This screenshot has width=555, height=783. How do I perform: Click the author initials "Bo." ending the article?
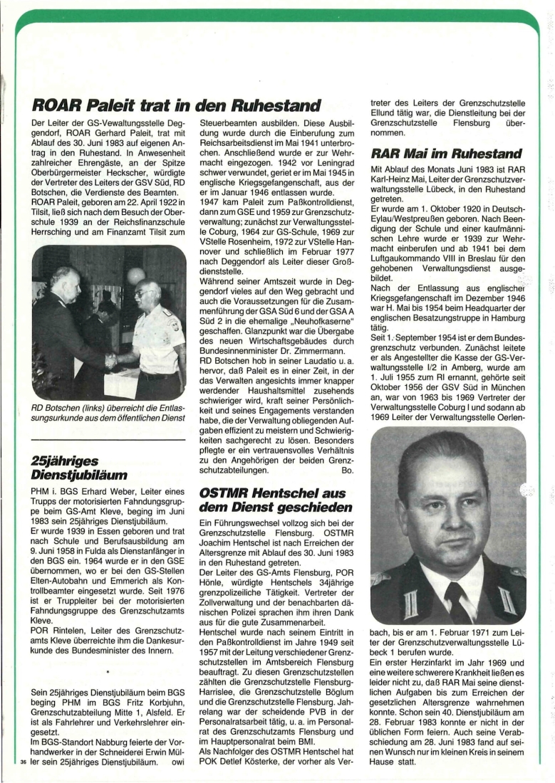coord(348,471)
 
